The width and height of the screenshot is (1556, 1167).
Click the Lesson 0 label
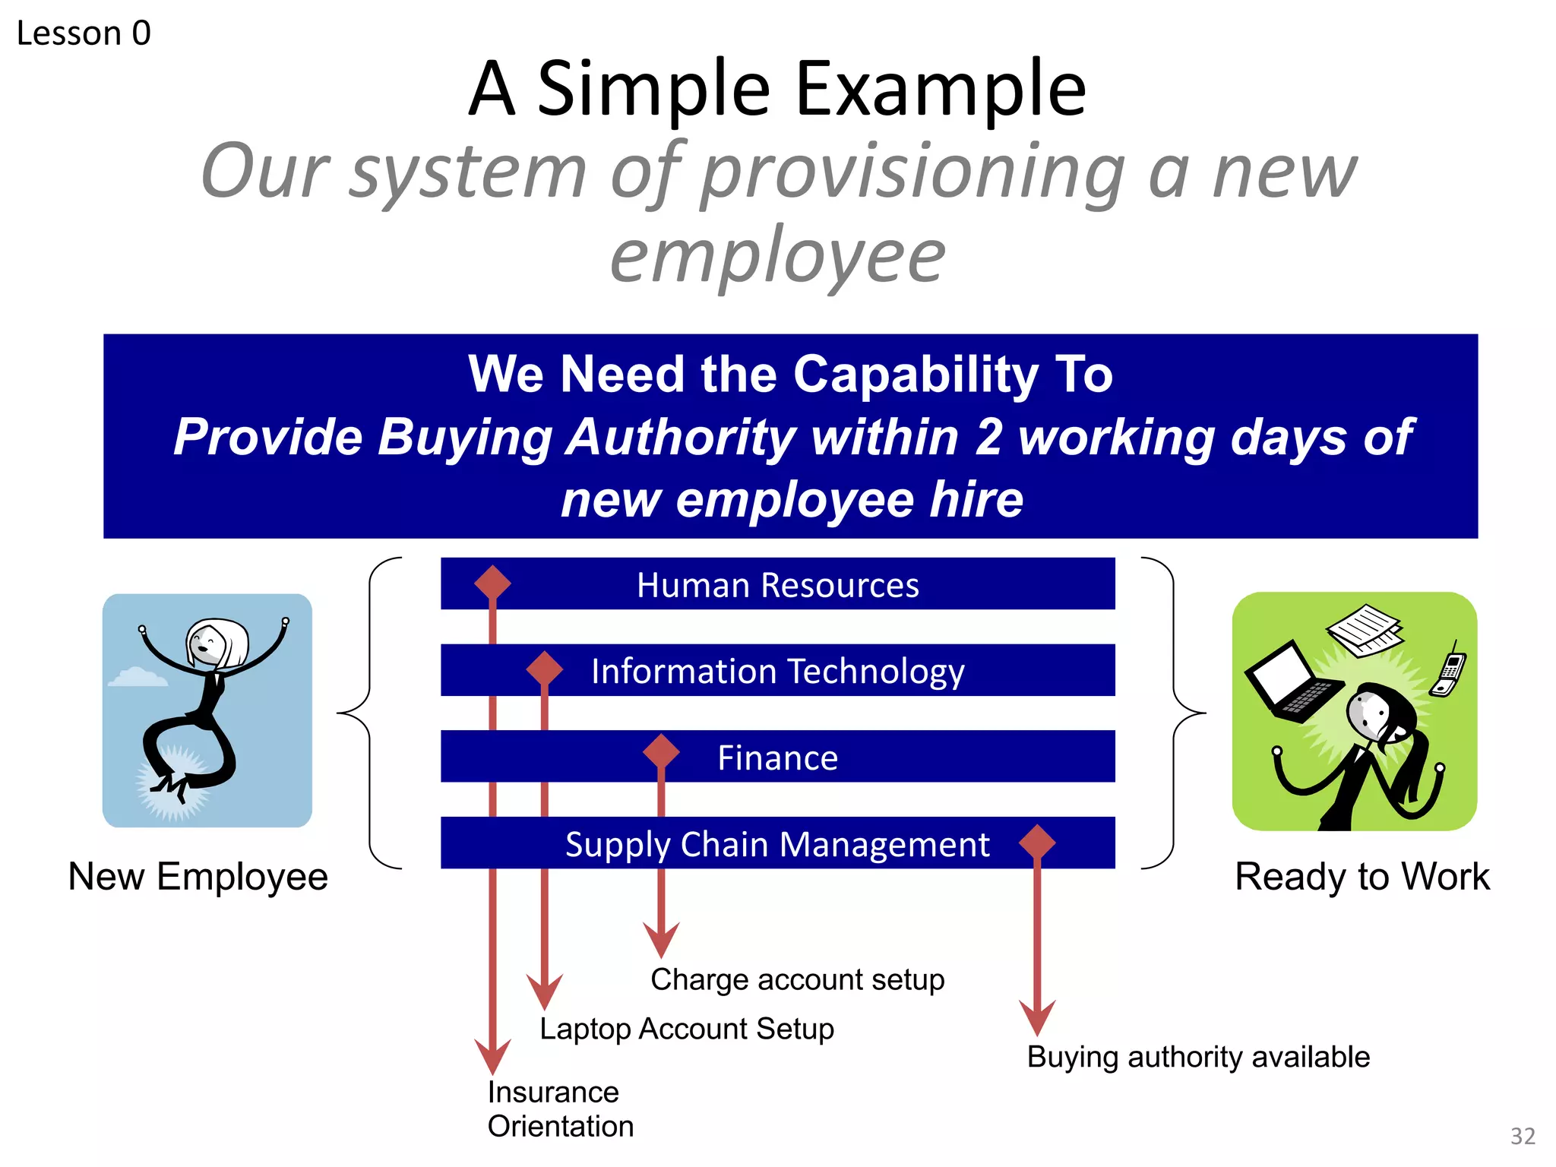[x=84, y=33]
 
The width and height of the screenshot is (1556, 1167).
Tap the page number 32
[x=1523, y=1136]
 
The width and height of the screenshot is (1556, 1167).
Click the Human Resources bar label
[x=778, y=585]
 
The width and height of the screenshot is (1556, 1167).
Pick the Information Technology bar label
[x=778, y=672]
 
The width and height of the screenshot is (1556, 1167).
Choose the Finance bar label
[x=778, y=758]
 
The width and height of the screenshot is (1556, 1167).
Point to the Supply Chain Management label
[x=777, y=845]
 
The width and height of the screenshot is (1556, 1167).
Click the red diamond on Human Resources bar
[x=492, y=583]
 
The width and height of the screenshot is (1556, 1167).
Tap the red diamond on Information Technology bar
[x=544, y=669]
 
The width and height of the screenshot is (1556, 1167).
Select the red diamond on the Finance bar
[x=661, y=752]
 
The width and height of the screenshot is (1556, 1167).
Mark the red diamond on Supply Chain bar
[x=1037, y=842]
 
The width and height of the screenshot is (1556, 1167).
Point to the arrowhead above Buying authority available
[x=1037, y=1017]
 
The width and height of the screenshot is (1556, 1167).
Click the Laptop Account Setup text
[x=687, y=1029]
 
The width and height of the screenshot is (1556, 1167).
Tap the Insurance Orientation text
[x=560, y=1109]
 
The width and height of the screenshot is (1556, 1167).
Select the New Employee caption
[x=198, y=877]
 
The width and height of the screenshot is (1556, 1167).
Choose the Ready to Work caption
[x=1362, y=877]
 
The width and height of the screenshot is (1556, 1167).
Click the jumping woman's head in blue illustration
[x=217, y=642]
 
